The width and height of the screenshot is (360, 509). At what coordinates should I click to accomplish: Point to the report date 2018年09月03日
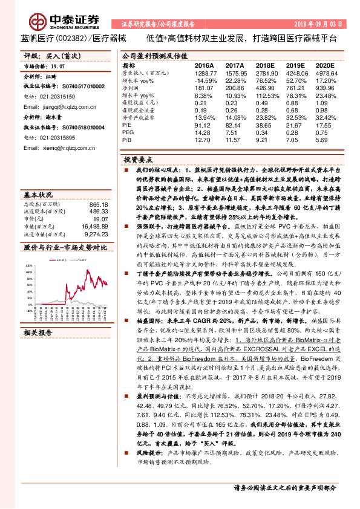tap(322, 24)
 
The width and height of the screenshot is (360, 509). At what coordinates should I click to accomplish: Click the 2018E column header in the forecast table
tap(264, 65)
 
